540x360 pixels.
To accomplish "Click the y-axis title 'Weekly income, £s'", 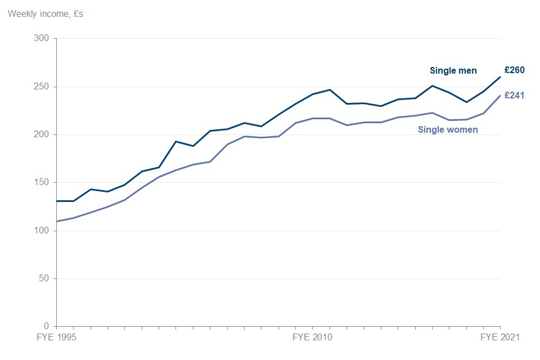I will (x=45, y=13).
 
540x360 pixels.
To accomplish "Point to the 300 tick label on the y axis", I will (x=42, y=39).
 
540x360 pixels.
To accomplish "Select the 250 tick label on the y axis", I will (x=42, y=87).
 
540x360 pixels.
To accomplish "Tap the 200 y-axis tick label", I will (x=42, y=135).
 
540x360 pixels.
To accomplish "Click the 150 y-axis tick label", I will (x=42, y=183).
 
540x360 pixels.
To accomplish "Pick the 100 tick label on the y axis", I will (x=42, y=231).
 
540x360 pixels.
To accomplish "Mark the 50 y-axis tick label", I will (x=44, y=278).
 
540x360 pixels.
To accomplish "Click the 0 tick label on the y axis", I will (x=47, y=326).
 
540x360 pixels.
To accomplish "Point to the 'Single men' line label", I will (x=453, y=71).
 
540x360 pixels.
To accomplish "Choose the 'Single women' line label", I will (x=448, y=130).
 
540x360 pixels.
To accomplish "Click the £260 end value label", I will (x=514, y=70).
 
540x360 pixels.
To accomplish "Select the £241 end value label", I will (x=514, y=96).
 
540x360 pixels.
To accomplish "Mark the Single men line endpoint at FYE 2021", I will (x=500, y=77).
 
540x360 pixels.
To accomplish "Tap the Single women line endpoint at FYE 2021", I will (x=500, y=95).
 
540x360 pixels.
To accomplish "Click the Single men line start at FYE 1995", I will (x=57, y=201).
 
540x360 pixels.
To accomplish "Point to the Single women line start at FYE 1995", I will (x=57, y=221).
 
